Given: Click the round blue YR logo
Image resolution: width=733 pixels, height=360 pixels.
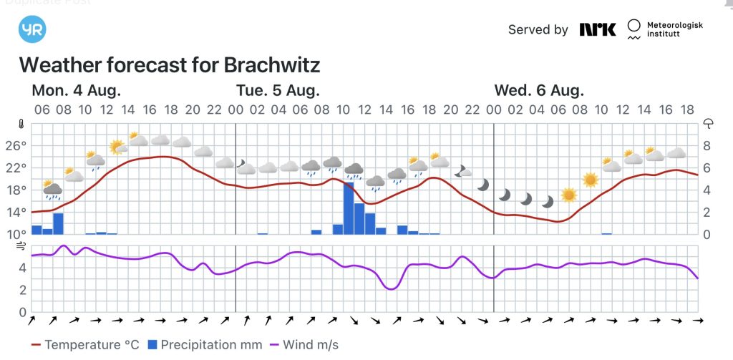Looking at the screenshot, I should (x=31, y=31).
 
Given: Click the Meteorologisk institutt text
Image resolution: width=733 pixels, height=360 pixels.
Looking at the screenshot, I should (x=674, y=29).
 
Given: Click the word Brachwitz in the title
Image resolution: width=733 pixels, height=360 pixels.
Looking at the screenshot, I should (x=272, y=65).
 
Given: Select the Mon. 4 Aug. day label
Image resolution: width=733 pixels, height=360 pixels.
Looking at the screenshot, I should (x=76, y=91).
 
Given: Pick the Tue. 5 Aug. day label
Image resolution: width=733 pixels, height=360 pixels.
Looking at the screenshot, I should (x=278, y=91).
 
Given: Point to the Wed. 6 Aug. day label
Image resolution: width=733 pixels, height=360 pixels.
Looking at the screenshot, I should (x=539, y=91).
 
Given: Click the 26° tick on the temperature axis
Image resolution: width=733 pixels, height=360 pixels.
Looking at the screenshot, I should (x=16, y=145).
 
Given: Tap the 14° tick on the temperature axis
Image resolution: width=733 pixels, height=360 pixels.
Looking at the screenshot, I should (x=16, y=212).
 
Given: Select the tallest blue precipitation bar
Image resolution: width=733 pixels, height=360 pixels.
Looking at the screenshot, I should (x=349, y=208).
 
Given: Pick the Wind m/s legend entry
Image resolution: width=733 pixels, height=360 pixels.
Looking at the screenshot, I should (x=302, y=345).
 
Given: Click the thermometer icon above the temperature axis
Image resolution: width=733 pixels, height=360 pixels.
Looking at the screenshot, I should (x=21, y=123).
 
